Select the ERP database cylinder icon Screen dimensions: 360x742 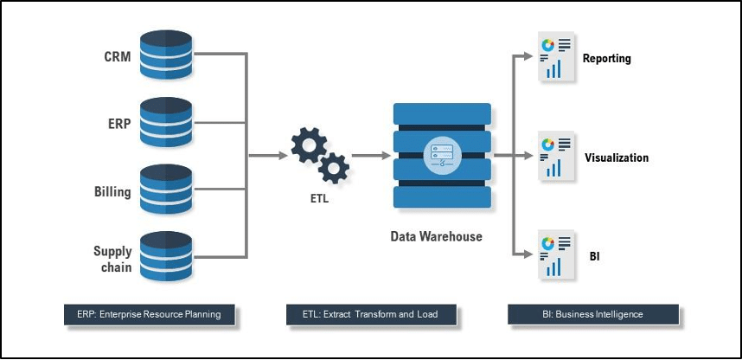[x=165, y=122]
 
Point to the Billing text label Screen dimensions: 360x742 [x=112, y=191]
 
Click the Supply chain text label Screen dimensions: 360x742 [x=112, y=259]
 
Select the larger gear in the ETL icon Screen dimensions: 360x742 [x=308, y=145]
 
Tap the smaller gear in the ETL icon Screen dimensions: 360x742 [x=334, y=167]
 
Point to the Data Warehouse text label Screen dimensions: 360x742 [x=437, y=236]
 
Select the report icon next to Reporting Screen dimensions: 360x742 [x=557, y=59]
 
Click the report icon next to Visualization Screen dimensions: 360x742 [x=557, y=157]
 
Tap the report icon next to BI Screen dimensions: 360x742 [x=557, y=256]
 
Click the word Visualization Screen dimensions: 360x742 [x=616, y=158]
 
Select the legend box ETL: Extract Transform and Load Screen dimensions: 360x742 [x=371, y=314]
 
